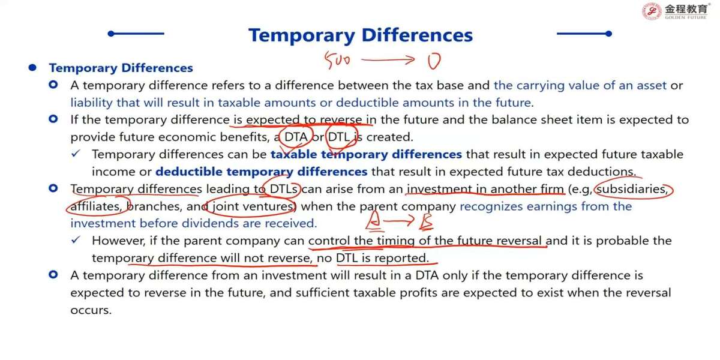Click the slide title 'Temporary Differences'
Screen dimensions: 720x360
[x=361, y=35]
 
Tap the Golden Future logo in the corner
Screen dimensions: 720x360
[x=676, y=11]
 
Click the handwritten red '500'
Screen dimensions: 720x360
[x=337, y=60]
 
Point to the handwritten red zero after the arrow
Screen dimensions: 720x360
[x=434, y=61]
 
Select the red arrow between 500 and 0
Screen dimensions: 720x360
[x=388, y=59]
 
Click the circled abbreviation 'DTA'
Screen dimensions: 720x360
[x=296, y=137]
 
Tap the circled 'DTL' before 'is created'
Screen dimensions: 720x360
[x=339, y=137]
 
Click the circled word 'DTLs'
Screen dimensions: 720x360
[x=283, y=189]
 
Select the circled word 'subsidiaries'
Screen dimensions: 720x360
[x=632, y=189]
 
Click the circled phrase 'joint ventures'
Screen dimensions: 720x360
[x=253, y=206]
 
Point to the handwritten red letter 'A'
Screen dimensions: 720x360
[x=374, y=221]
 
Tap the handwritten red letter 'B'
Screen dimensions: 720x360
[x=426, y=222]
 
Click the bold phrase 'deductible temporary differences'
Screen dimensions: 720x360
[x=262, y=172]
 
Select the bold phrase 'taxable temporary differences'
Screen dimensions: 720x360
[x=366, y=155]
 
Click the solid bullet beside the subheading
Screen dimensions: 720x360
[x=32, y=67]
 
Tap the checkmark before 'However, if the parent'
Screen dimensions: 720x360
[x=76, y=240]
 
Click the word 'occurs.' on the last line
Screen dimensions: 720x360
[x=91, y=310]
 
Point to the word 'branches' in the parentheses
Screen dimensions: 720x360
[x=155, y=206]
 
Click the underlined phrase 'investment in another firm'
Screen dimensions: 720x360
[x=485, y=189]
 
